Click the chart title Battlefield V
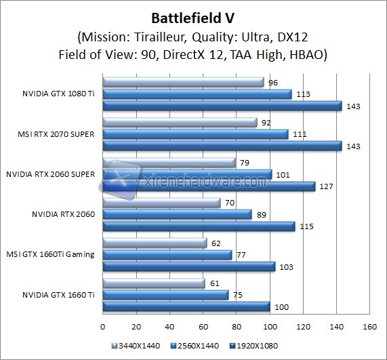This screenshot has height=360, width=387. (194, 16)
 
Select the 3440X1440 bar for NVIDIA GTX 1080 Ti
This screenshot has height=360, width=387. (183, 83)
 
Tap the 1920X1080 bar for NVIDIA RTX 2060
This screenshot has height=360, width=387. (199, 226)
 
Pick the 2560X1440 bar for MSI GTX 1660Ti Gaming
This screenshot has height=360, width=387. (167, 255)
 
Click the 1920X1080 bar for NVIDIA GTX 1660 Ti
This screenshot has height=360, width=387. (186, 306)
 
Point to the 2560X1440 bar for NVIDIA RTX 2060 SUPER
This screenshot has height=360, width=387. (186, 174)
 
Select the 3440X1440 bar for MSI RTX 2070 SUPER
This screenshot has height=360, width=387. (180, 123)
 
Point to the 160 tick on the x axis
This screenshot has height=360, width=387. (369, 326)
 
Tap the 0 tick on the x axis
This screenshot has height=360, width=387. (102, 326)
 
